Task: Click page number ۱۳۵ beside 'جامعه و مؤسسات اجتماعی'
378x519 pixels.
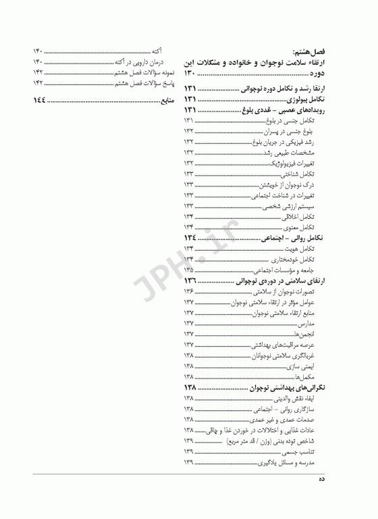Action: click(189, 270)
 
